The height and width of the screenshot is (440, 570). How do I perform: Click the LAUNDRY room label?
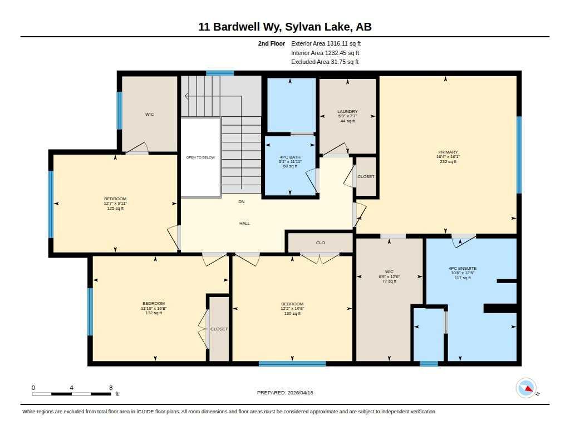pyautogui.click(x=347, y=112)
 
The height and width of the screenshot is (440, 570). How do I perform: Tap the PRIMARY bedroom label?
pyautogui.click(x=448, y=152)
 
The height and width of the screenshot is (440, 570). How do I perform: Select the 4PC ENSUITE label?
pyautogui.click(x=463, y=268)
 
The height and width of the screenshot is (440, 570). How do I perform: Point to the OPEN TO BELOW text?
pyautogui.click(x=200, y=157)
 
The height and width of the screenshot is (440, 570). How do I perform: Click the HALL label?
pyautogui.click(x=245, y=223)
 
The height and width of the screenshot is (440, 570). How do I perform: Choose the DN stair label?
pyautogui.click(x=242, y=201)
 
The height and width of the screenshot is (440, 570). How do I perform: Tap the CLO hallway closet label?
pyautogui.click(x=320, y=243)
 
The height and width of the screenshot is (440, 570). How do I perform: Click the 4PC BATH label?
pyautogui.click(x=290, y=157)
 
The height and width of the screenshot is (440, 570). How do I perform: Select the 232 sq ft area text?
pyautogui.click(x=448, y=161)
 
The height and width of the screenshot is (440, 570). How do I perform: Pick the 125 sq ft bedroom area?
pyautogui.click(x=115, y=208)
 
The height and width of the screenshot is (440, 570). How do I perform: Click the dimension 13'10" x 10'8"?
pyautogui.click(x=154, y=308)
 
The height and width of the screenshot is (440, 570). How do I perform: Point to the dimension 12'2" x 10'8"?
pyautogui.click(x=292, y=309)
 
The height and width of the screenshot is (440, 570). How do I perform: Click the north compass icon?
pyautogui.click(x=527, y=388)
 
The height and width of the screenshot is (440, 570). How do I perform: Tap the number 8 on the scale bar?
pyautogui.click(x=111, y=388)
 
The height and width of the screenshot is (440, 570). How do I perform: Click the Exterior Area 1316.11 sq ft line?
pyautogui.click(x=326, y=43)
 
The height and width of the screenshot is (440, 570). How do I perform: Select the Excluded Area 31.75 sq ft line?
pyautogui.click(x=325, y=62)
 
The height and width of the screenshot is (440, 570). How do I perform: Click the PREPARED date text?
pyautogui.click(x=285, y=392)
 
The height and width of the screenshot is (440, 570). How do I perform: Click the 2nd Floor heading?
pyautogui.click(x=272, y=43)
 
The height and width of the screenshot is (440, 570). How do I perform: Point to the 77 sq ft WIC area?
pyautogui.click(x=389, y=281)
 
